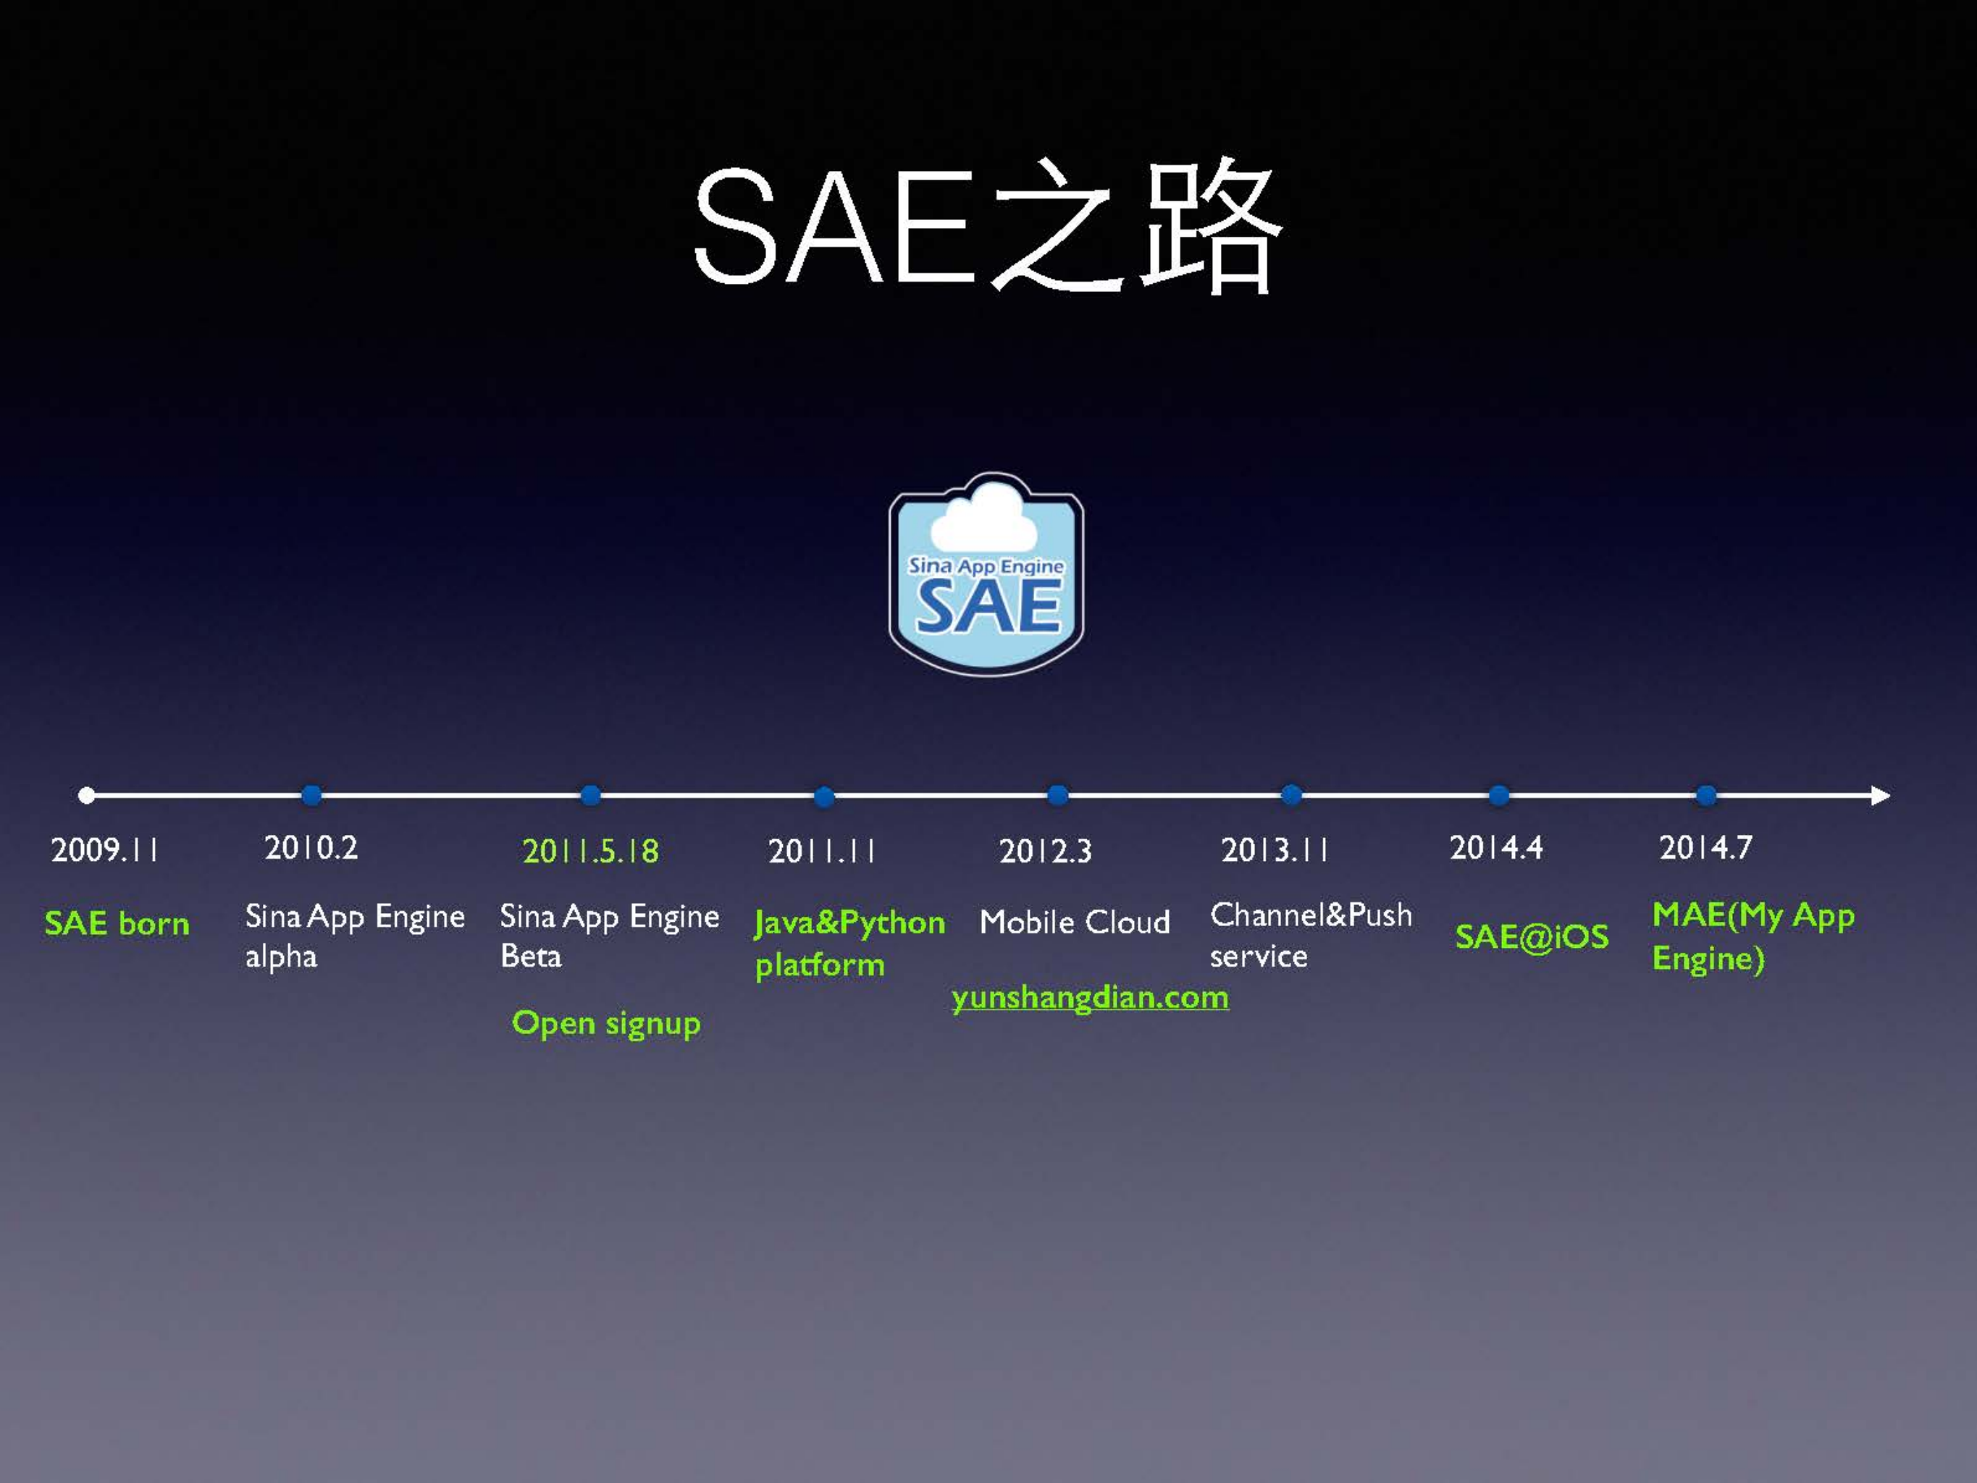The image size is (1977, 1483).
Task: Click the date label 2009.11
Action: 104,849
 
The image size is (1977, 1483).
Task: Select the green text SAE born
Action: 117,923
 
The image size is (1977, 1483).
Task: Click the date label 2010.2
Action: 311,847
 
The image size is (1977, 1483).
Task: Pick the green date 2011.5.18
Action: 591,851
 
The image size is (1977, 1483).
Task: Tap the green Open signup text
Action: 606,1023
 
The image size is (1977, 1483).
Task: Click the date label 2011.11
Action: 821,851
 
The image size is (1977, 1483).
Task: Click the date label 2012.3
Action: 1045,851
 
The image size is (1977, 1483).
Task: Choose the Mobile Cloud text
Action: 1074,922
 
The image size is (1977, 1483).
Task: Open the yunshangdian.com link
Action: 1089,998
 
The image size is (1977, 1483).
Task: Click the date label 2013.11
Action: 1275,850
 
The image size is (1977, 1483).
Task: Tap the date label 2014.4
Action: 1496,847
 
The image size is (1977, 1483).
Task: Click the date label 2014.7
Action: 1705,847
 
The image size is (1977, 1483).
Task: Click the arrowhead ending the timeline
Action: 1881,794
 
